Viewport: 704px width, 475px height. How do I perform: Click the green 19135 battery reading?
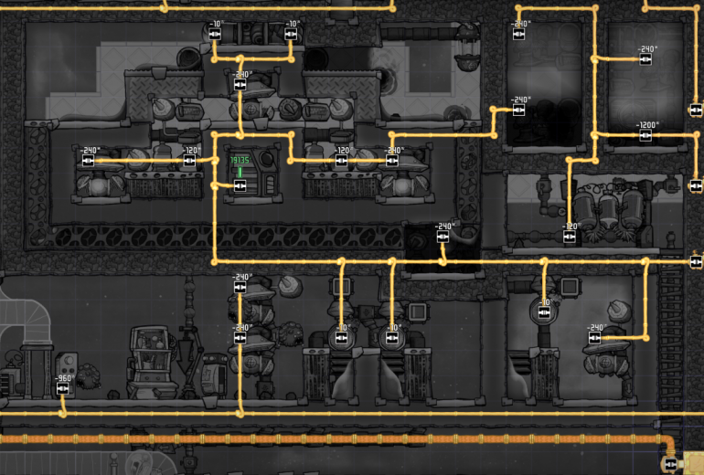click(240, 160)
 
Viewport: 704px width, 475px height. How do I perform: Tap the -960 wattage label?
click(62, 378)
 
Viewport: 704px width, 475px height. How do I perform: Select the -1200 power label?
click(647, 125)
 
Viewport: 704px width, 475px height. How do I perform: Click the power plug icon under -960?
click(62, 389)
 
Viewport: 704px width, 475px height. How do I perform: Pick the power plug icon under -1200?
click(645, 136)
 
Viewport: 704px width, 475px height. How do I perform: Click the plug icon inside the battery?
click(240, 185)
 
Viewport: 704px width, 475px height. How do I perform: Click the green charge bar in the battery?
click(240, 171)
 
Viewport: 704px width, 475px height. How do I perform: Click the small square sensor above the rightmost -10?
click(570, 286)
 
